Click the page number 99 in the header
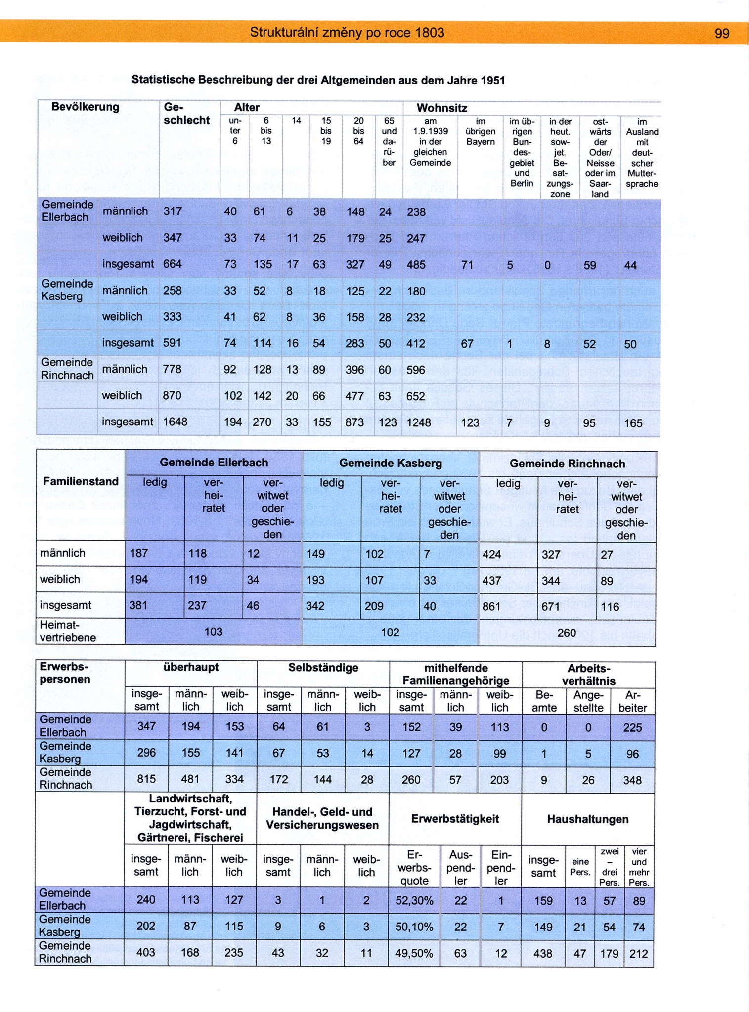click(x=722, y=33)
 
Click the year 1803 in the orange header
click(x=429, y=33)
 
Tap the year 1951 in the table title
click(x=491, y=80)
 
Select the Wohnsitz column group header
click(x=441, y=108)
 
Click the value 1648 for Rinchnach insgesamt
click(x=176, y=422)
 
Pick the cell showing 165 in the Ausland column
click(x=633, y=423)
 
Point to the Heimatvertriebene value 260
click(x=566, y=632)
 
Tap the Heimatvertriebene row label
click(x=68, y=631)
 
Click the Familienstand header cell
click(x=81, y=481)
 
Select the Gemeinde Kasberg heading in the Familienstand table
click(x=390, y=463)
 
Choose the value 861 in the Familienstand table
click(x=491, y=606)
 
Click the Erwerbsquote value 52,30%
click(x=414, y=901)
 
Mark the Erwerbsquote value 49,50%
click(x=414, y=953)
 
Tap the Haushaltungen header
click(x=587, y=819)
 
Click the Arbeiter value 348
click(x=632, y=780)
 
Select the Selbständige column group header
click(x=323, y=668)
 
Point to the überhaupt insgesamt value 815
click(x=146, y=779)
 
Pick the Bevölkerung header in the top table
click(x=85, y=107)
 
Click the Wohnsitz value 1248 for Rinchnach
click(x=419, y=422)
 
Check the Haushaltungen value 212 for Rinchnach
click(x=638, y=953)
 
